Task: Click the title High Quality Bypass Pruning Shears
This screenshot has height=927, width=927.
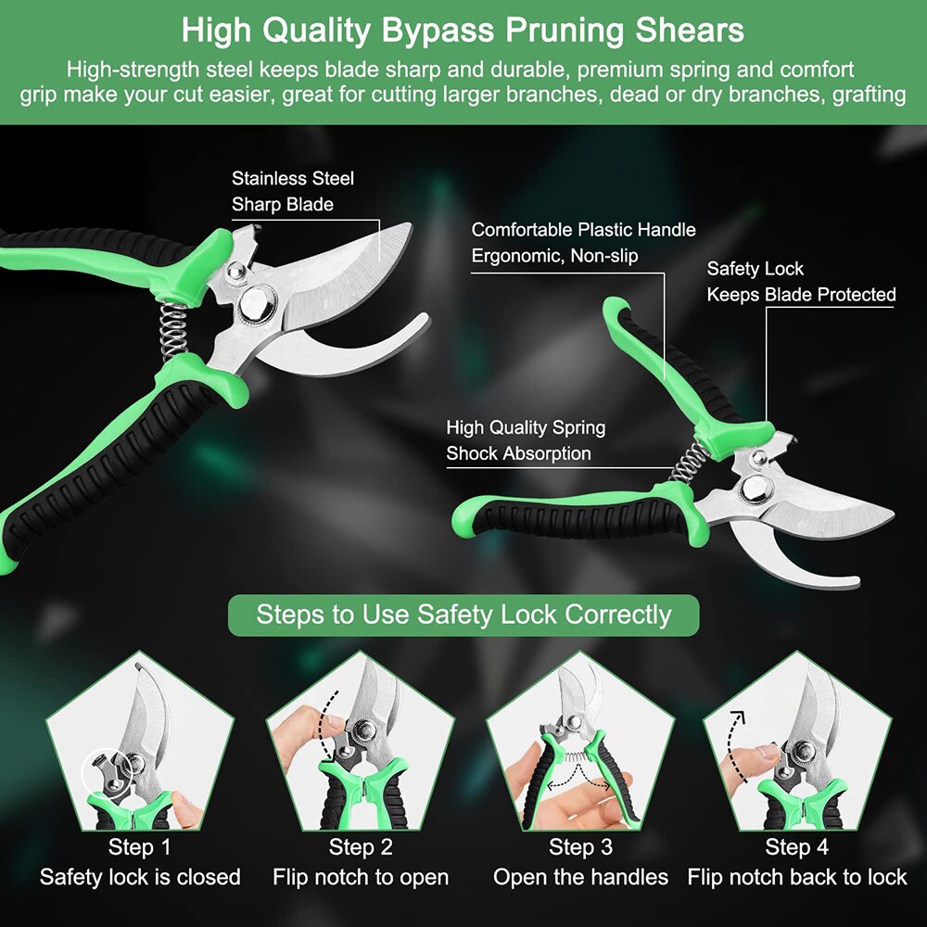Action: pos(463,30)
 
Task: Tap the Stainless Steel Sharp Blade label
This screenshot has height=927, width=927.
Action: pos(293,191)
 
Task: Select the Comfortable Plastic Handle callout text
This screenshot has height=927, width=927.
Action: pos(583,242)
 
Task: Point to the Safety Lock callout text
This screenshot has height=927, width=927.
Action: pos(801,282)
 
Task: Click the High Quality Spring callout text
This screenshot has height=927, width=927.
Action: pos(526,440)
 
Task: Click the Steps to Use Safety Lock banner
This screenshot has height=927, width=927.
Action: pos(463,615)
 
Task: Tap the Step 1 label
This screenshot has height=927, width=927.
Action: pos(139,846)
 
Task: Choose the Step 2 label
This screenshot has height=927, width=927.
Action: pos(361,846)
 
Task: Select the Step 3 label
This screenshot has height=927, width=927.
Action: pos(580,846)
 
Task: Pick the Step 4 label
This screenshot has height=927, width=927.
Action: pos(796,846)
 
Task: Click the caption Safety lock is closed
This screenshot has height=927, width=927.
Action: pos(140,877)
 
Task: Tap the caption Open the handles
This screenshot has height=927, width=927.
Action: pos(580,877)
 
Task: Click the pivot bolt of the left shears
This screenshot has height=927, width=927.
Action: pos(256,302)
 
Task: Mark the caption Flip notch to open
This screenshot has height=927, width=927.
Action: pos(361,877)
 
